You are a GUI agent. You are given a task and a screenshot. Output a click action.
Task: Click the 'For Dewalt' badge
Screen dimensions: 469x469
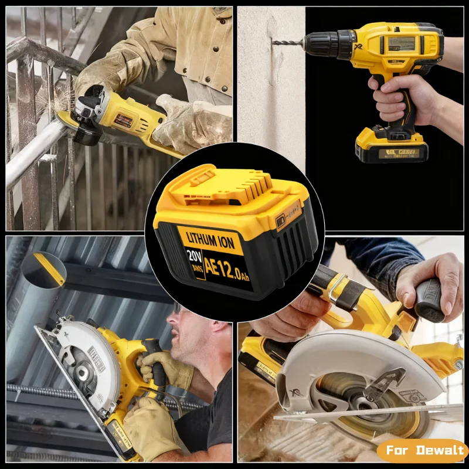(422, 451)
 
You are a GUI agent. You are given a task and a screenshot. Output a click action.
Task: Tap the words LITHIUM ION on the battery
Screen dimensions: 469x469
(209, 237)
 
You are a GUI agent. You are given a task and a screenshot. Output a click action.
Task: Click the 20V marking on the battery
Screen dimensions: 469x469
(193, 259)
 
